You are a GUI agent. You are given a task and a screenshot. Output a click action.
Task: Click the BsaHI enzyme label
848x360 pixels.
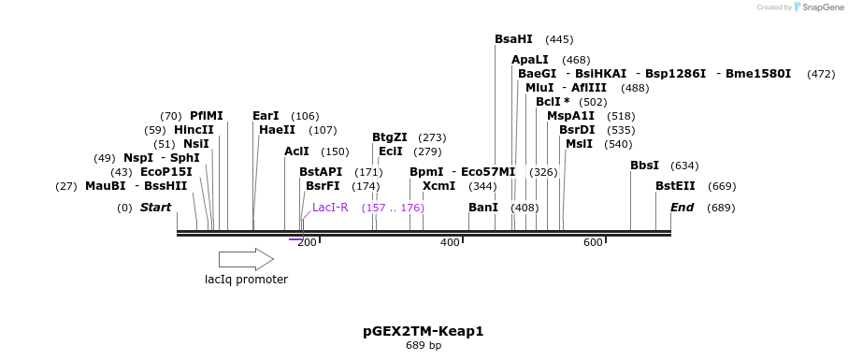point(513,39)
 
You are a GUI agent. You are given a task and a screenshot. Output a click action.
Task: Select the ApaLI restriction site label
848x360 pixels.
point(530,60)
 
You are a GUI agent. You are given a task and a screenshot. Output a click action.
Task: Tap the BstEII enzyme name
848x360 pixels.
point(675,186)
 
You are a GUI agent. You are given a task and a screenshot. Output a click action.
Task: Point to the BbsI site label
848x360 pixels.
point(644,166)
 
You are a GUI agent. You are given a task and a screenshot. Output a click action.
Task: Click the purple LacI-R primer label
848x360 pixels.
point(330,208)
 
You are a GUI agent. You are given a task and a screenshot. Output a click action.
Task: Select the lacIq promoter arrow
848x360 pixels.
point(246,259)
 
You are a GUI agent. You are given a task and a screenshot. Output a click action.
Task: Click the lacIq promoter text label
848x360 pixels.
point(246,279)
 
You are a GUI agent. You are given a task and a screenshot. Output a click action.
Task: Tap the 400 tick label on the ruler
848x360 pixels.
point(450,243)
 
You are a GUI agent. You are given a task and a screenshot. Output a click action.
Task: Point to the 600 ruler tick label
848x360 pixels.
point(593,243)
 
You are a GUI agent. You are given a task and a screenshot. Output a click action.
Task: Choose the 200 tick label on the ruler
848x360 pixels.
point(307,243)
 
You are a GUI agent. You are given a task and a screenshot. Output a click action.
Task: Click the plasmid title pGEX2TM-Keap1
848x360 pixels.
point(423,331)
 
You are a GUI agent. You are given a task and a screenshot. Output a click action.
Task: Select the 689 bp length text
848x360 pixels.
point(423,346)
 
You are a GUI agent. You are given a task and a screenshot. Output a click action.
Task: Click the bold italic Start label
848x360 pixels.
point(155,208)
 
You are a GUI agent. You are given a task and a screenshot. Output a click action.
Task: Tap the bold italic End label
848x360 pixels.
point(682,208)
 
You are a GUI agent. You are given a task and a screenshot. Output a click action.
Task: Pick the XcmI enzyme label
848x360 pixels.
point(438,186)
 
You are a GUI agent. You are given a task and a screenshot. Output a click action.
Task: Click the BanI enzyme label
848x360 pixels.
point(483,208)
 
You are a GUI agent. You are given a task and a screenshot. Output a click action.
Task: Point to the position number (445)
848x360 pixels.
point(559,39)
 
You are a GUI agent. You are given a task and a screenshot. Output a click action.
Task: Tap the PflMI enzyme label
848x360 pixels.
point(207,116)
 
